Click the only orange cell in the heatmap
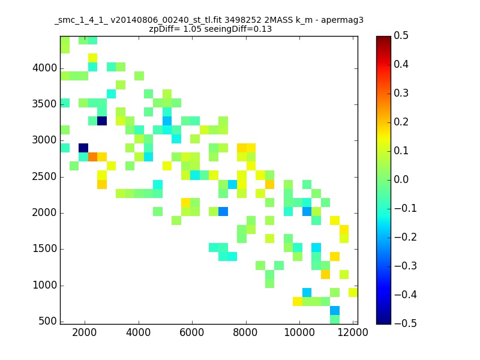coord(93,157)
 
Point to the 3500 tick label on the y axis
coord(44,104)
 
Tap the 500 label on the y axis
coord(47,321)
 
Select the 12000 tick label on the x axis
coord(353,332)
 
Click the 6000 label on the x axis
coord(192,332)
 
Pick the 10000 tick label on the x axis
coord(299,332)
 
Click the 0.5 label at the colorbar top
coord(401,35)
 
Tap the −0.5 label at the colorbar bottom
coord(406,323)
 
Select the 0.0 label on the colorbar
coord(401,179)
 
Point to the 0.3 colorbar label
coord(401,93)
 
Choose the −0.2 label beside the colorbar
coord(406,237)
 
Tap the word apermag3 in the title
coord(342,20)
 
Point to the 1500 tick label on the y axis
coord(44,248)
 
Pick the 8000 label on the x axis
coord(245,332)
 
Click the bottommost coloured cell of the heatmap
coord(335,319)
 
